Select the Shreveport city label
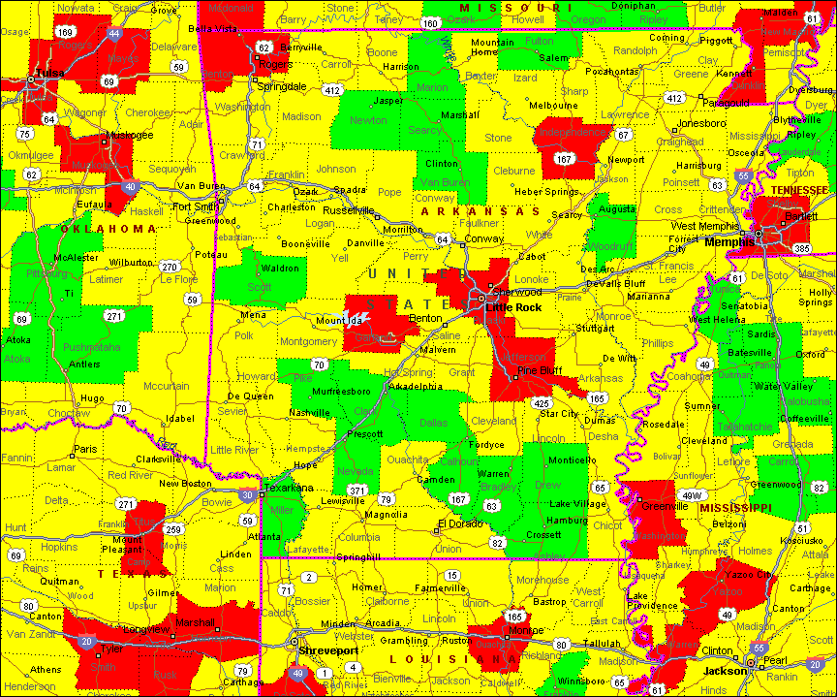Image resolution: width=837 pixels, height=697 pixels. coord(328,650)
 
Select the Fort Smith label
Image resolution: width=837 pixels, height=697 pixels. coord(195,206)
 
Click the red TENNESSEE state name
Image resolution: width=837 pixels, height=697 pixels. coord(799,190)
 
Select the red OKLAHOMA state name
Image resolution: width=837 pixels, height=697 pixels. coord(108,229)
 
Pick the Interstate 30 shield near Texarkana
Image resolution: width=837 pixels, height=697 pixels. coord(248,495)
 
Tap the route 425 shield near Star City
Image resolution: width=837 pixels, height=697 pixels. coord(542,402)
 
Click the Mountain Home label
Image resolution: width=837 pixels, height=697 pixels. coord(492,47)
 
